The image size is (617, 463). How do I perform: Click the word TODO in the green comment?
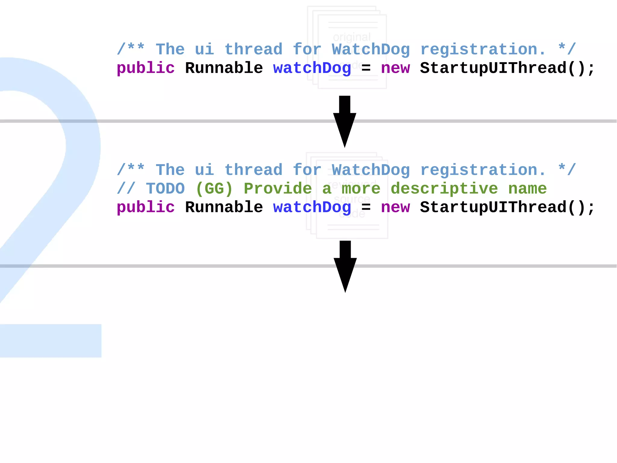(x=165, y=189)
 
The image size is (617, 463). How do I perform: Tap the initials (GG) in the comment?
(x=214, y=189)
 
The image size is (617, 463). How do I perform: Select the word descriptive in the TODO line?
(x=444, y=189)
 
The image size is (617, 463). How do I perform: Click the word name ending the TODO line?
(x=527, y=189)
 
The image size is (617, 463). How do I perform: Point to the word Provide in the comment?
(x=277, y=189)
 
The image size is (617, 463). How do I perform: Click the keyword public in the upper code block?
(x=146, y=68)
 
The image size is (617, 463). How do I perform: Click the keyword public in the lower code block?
(x=146, y=208)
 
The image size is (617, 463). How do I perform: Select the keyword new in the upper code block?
(x=395, y=68)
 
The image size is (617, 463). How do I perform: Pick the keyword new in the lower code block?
(x=395, y=208)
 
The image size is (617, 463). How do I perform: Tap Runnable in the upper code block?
(x=224, y=68)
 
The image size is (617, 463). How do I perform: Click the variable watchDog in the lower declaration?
(x=312, y=208)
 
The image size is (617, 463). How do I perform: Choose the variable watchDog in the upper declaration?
(x=312, y=68)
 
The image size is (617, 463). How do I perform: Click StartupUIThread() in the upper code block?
(x=507, y=68)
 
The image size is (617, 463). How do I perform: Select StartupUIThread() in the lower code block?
(x=507, y=208)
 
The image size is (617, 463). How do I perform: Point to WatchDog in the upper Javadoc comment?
(x=371, y=49)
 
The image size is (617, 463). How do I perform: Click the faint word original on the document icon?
(x=352, y=37)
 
